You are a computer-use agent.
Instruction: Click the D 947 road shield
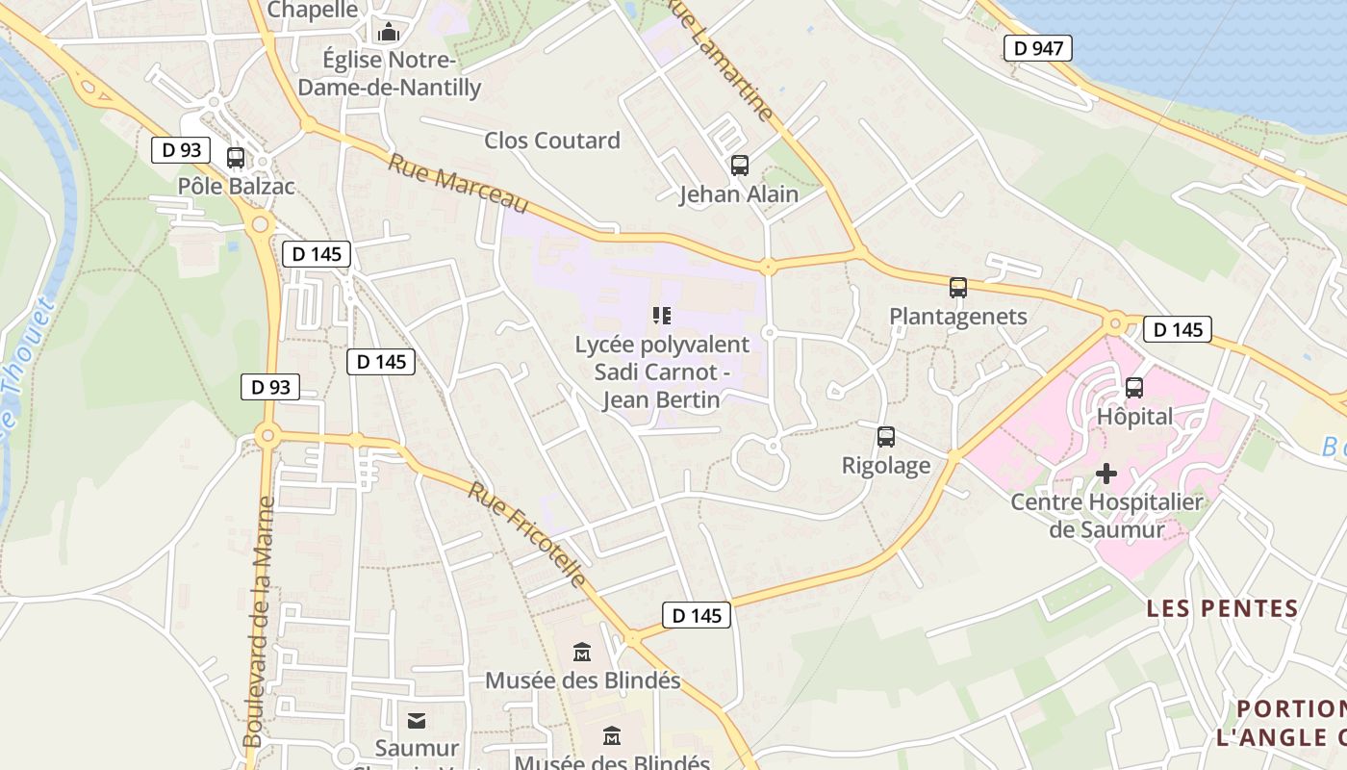coord(1037,48)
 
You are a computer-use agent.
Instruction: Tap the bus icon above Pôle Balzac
coord(236,158)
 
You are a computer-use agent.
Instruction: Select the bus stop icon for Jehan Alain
coord(739,166)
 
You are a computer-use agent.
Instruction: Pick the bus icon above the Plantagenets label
coord(957,288)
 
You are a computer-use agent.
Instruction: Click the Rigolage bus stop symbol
coord(886,437)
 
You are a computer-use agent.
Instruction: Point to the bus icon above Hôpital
coord(1134,388)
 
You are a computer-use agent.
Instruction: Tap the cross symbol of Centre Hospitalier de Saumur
coord(1106,474)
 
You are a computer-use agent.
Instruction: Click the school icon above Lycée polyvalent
coord(661,315)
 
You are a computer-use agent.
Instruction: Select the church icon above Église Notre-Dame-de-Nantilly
coord(389,33)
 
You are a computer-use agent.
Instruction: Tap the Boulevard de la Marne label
coord(259,621)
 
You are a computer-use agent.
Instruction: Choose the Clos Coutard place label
coord(552,141)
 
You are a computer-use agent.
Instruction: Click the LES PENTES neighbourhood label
coord(1222,608)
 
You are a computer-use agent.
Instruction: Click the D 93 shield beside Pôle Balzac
coord(181,150)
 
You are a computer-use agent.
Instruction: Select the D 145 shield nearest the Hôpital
coord(1177,329)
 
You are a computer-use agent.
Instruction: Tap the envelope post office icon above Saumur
coord(417,720)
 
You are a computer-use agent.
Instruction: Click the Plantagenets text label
coord(958,317)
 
